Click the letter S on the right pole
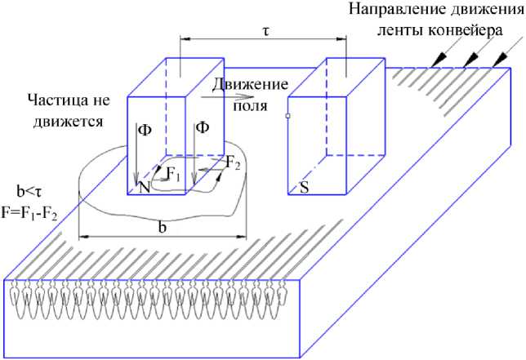304,187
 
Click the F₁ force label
172,173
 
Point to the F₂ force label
233,165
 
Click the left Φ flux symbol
145,129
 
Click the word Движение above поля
250,83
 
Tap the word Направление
388,11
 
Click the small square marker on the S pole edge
288,117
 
